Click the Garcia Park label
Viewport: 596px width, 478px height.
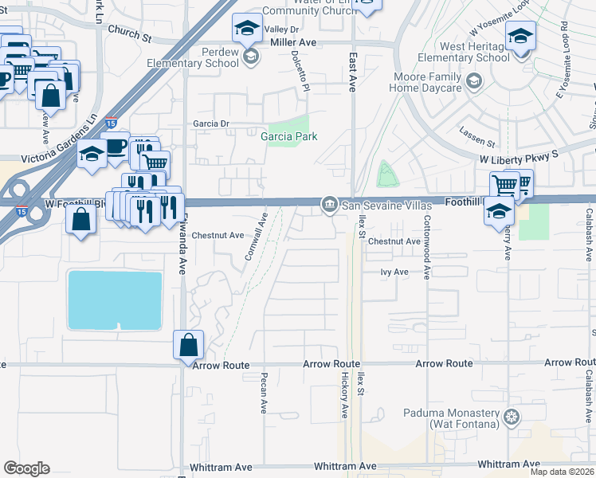click(288, 136)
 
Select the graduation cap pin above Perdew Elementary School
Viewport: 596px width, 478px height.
click(247, 29)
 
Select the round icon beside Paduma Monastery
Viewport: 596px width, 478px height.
click(511, 417)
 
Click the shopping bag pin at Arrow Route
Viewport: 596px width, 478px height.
click(188, 346)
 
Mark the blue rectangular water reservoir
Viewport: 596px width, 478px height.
click(116, 300)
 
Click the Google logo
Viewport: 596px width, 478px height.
click(26, 468)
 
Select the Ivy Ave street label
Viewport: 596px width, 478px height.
click(394, 272)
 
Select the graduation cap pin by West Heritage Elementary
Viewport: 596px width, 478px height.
click(520, 37)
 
